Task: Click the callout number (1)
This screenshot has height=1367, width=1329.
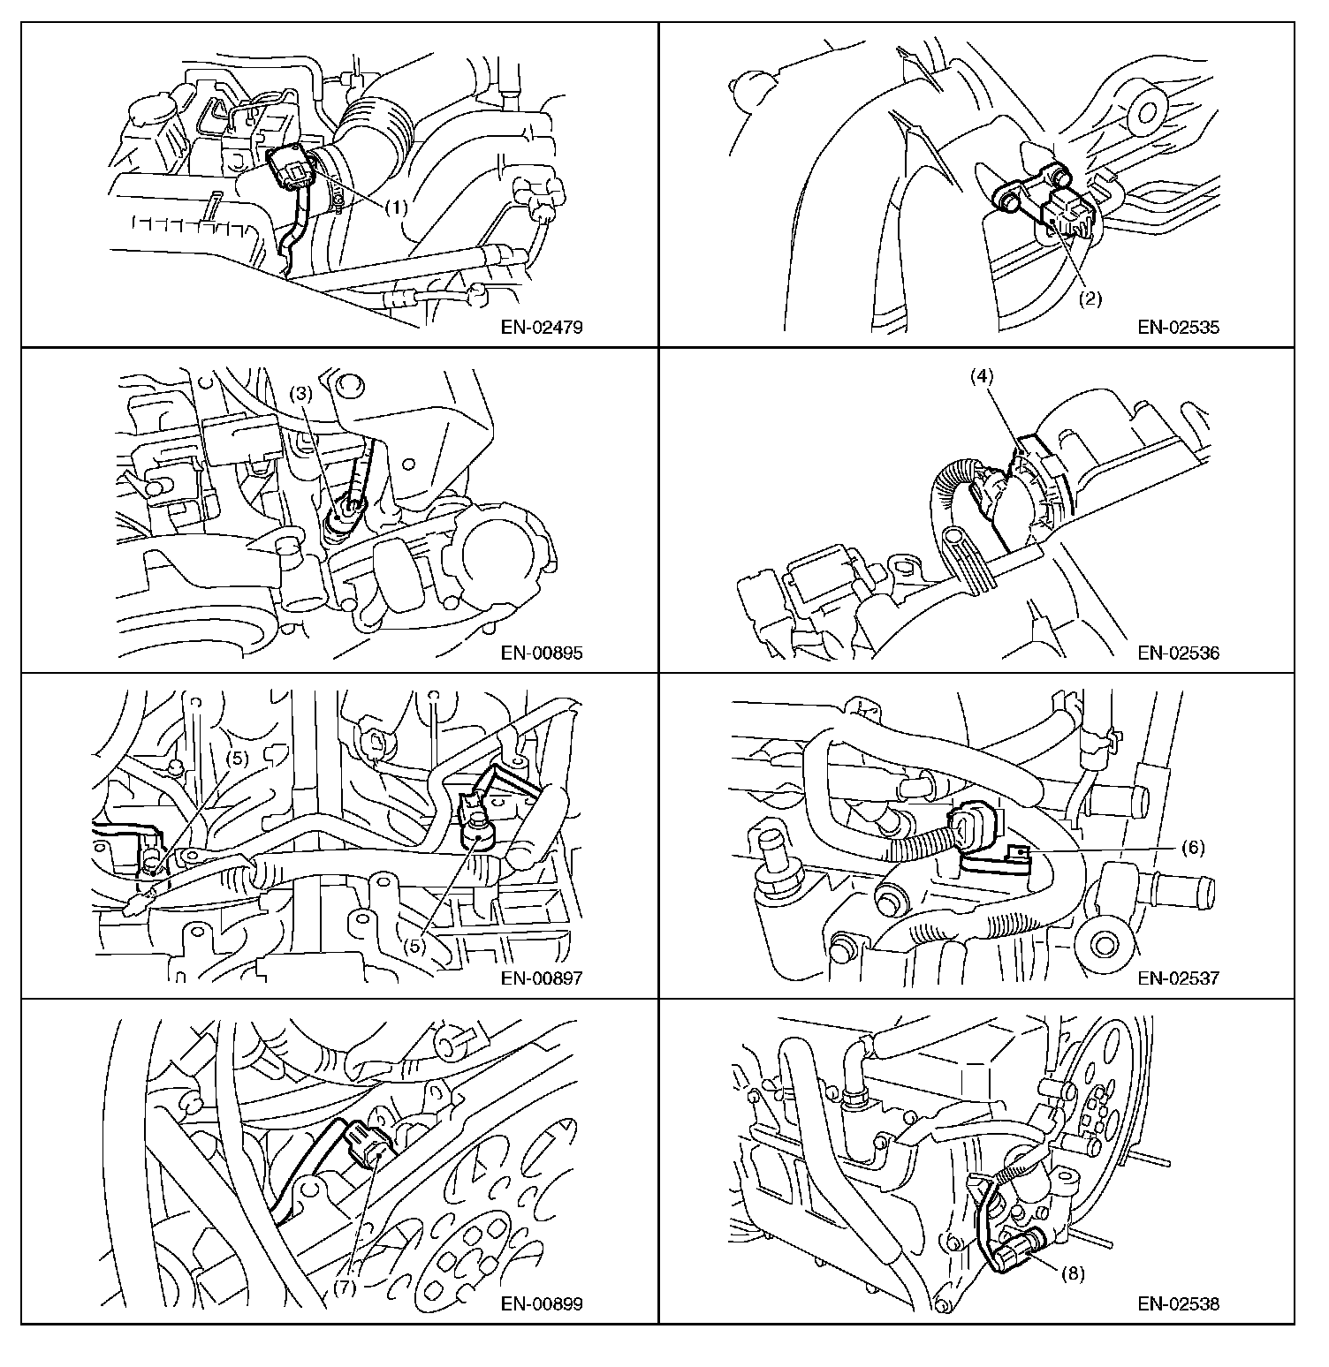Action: (x=397, y=208)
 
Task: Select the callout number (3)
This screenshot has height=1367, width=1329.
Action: (x=301, y=394)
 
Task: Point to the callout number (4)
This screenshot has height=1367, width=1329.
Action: (x=982, y=374)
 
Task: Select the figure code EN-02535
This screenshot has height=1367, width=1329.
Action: (x=1179, y=328)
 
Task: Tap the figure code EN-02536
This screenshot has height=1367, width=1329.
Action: (x=1179, y=653)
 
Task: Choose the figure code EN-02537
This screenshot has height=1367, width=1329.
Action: (x=1179, y=978)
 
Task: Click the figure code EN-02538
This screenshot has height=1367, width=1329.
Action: (x=1179, y=1304)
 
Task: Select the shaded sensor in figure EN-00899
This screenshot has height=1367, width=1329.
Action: (x=366, y=1144)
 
